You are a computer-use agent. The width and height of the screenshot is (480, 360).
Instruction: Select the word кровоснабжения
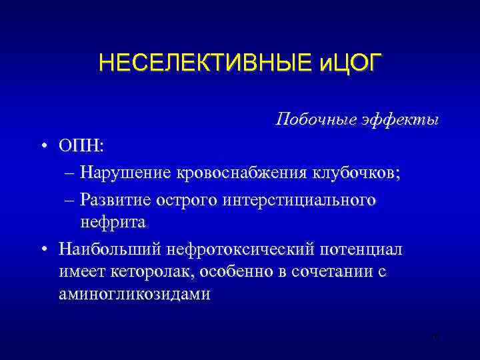(241, 173)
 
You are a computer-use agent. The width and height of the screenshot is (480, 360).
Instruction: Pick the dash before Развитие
(71, 199)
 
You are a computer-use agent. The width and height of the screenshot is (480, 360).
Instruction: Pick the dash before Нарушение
(71, 173)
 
